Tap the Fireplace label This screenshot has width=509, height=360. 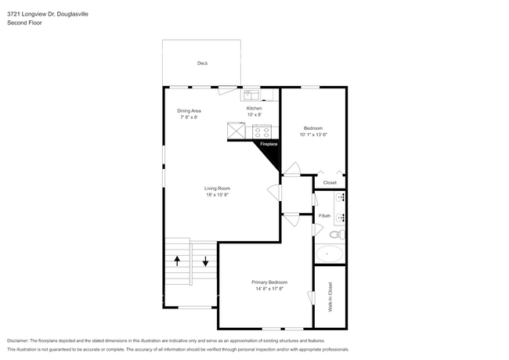click(x=269, y=145)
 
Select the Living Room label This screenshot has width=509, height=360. click(x=217, y=188)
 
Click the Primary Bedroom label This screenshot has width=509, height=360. click(x=269, y=282)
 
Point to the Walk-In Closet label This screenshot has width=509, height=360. click(x=330, y=297)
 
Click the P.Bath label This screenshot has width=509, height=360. click(x=323, y=215)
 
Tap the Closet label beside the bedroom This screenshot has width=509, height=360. click(x=330, y=182)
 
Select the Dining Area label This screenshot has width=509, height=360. click(x=190, y=111)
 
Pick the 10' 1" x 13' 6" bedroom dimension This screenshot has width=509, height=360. click(x=313, y=135)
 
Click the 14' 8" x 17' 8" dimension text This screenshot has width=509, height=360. click(x=269, y=289)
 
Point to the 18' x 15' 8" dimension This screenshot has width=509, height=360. click(x=217, y=195)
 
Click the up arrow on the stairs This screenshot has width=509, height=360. click(x=177, y=261)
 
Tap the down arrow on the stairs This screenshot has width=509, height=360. click(x=205, y=261)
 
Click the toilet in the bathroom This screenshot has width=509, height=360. click(x=334, y=234)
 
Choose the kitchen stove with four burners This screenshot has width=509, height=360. click(x=262, y=132)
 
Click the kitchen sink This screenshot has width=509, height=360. click(x=252, y=96)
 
